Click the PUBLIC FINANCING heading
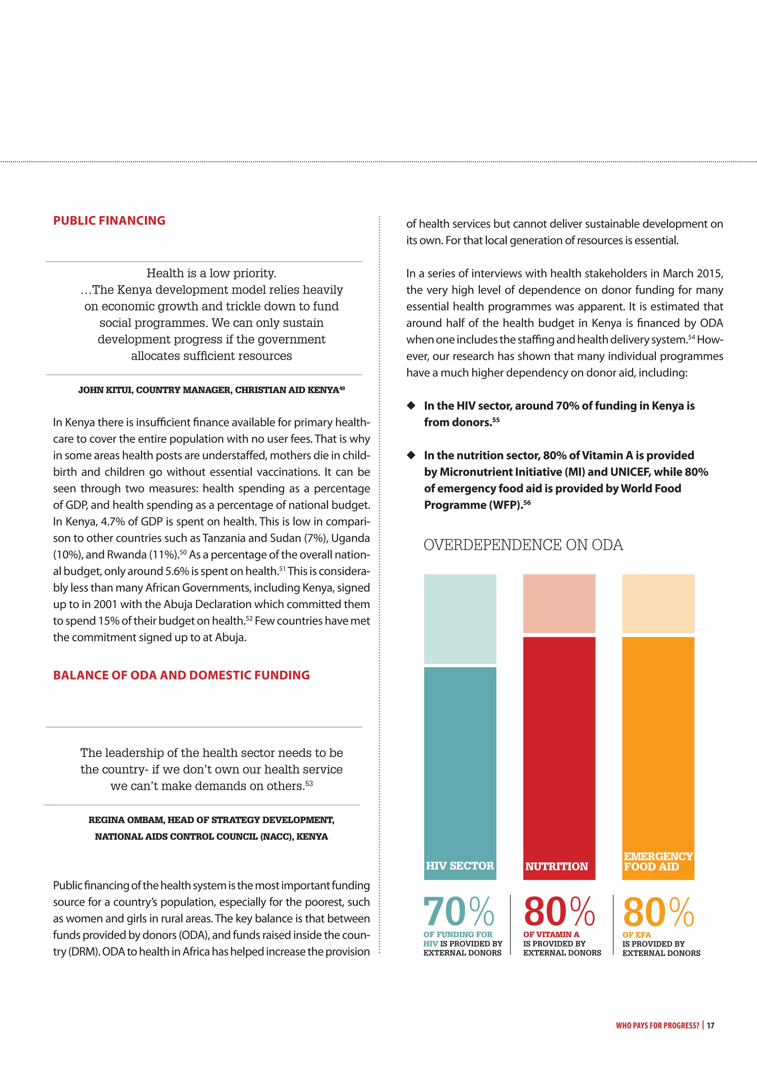click(x=109, y=221)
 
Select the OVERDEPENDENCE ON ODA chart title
click(x=523, y=545)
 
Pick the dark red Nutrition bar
click(x=559, y=746)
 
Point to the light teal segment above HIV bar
click(x=460, y=618)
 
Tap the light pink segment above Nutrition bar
click(x=559, y=603)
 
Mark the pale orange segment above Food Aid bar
click(x=658, y=603)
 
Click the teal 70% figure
click(x=459, y=912)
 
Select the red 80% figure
click(x=559, y=912)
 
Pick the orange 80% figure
click(x=658, y=912)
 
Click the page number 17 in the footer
click(x=710, y=1025)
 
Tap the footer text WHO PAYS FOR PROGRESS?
click(x=657, y=1025)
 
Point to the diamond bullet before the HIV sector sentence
click(x=411, y=405)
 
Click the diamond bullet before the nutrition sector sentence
click(x=411, y=455)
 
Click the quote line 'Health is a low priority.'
click(x=211, y=273)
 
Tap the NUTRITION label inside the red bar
click(x=557, y=866)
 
